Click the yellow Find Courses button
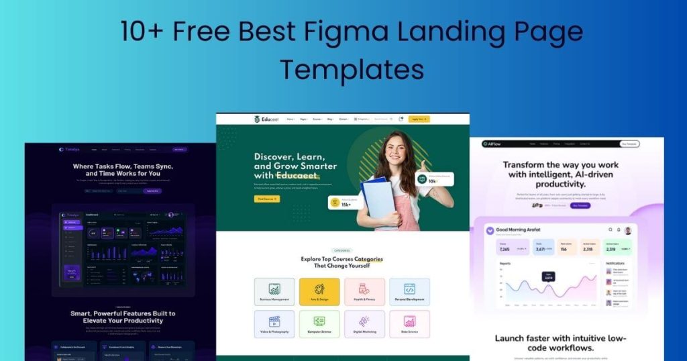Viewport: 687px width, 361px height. [267, 199]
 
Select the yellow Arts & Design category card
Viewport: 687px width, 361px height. [319, 292]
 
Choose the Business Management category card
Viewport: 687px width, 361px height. [274, 292]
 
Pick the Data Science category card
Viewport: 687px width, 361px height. [409, 324]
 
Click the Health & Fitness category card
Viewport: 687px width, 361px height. [364, 292]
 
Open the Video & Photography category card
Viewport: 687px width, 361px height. [274, 324]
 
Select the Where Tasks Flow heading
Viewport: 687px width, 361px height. [123, 169]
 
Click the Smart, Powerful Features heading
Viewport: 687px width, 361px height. [123, 317]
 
